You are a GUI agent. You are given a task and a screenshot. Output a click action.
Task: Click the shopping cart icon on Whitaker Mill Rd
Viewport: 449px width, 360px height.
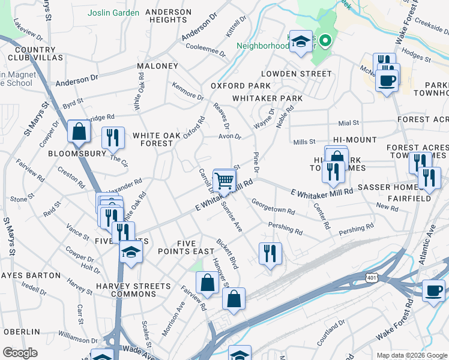pyautogui.click(x=224, y=179)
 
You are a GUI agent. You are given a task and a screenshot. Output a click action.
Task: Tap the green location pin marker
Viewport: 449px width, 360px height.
pyautogui.click(x=325, y=41)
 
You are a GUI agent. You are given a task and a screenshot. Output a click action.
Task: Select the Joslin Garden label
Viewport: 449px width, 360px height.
pyautogui.click(x=113, y=13)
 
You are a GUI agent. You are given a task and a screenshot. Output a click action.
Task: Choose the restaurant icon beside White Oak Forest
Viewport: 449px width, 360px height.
pyautogui.click(x=112, y=138)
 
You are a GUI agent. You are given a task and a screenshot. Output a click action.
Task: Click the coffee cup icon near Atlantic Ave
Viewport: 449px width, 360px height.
pyautogui.click(x=433, y=290)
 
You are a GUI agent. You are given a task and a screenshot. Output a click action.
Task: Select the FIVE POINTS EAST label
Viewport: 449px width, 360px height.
pyautogui.click(x=195, y=247)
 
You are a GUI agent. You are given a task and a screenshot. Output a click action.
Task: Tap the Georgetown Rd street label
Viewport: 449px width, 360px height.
pyautogui.click(x=273, y=206)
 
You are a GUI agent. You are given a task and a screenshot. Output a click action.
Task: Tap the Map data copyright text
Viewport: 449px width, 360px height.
pyautogui.click(x=411, y=355)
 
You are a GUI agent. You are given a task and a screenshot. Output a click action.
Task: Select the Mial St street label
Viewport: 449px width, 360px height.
pyautogui.click(x=348, y=123)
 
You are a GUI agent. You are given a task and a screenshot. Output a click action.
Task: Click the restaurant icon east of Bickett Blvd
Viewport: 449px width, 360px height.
pyautogui.click(x=270, y=253)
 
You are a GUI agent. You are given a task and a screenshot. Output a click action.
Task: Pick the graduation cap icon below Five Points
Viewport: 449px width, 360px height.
pyautogui.click(x=130, y=252)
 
